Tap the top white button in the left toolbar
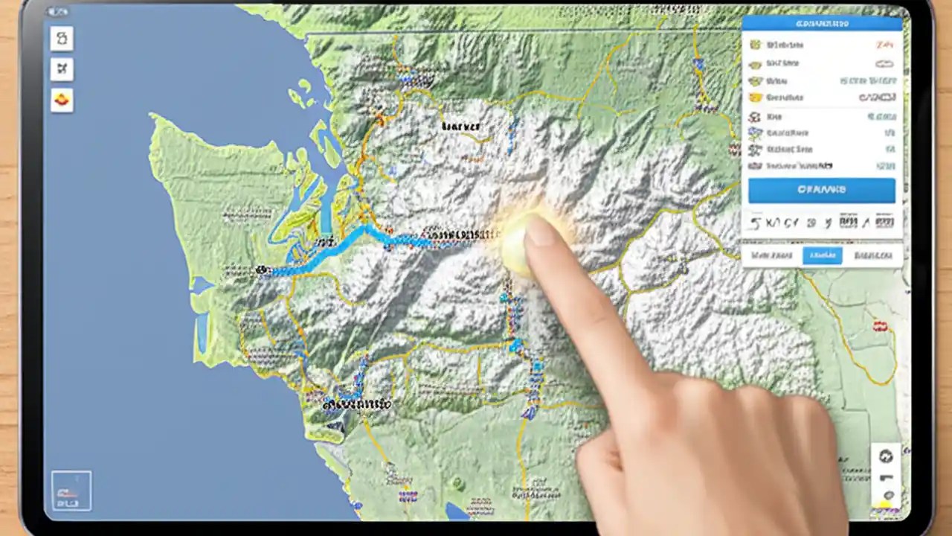click(x=62, y=38)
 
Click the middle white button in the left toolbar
click(x=62, y=69)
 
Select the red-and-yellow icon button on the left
click(x=62, y=99)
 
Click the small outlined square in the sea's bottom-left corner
click(x=71, y=491)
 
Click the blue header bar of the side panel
click(x=822, y=23)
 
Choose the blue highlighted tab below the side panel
click(x=822, y=256)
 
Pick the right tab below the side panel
click(x=873, y=256)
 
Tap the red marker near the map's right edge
click(x=882, y=326)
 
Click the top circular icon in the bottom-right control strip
click(x=885, y=456)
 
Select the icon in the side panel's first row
click(x=756, y=45)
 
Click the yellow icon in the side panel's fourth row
click(x=756, y=98)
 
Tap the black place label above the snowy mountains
click(x=460, y=127)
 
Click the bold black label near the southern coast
click(x=357, y=405)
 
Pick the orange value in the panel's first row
click(x=885, y=45)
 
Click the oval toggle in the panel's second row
click(x=884, y=63)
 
